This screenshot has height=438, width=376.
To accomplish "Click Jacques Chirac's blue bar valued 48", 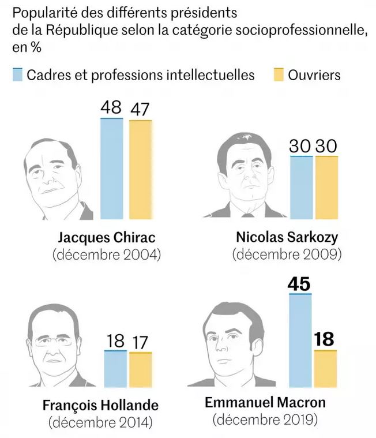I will [x=112, y=169].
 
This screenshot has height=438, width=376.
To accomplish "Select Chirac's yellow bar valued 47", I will [x=140, y=170].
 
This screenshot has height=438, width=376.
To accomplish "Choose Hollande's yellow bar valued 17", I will [x=140, y=369].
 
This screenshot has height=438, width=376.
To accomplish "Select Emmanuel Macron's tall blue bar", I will [x=300, y=340].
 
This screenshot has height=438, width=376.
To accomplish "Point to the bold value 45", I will [x=300, y=284].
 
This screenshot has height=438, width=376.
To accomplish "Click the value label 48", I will [x=112, y=108].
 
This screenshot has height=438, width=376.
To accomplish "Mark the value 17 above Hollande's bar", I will [x=140, y=342].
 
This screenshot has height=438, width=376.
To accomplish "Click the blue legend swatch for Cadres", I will [x=17, y=75].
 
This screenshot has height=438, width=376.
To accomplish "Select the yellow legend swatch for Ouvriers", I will [x=279, y=75].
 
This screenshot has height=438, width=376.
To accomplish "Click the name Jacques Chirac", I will [x=107, y=238].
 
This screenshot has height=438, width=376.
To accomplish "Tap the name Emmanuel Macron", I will [x=265, y=402].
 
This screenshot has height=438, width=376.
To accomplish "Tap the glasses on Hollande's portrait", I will [x=55, y=341].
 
